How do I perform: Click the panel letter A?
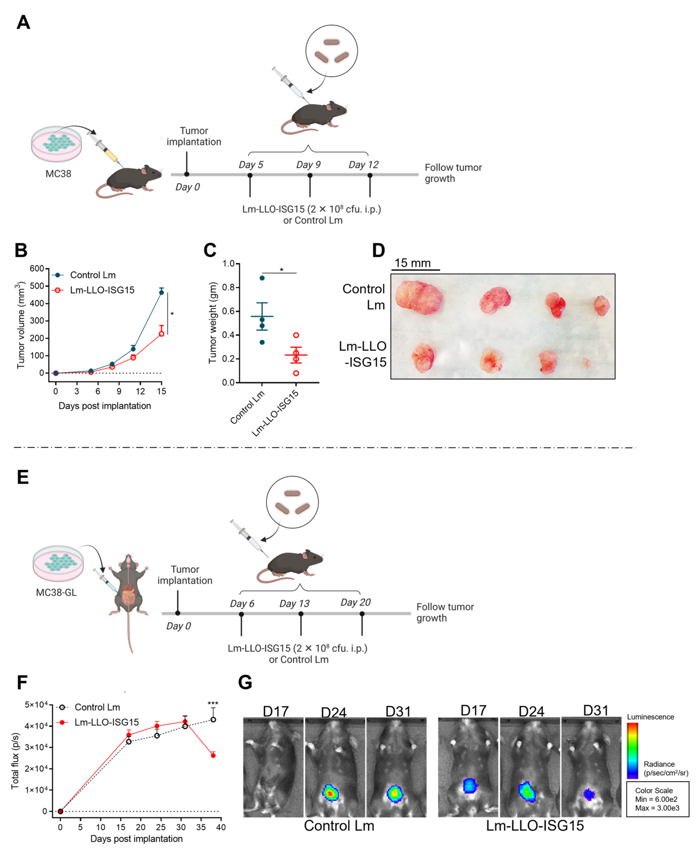pyautogui.click(x=23, y=22)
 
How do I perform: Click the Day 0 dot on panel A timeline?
pyautogui.click(x=187, y=174)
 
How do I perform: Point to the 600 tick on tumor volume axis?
pyautogui.click(x=37, y=269)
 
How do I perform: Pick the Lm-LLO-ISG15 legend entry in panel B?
pyautogui.click(x=102, y=290)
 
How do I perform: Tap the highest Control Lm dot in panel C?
pyautogui.click(x=262, y=278)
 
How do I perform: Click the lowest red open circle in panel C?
pyautogui.click(x=296, y=373)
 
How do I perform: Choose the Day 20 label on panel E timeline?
pyautogui.click(x=355, y=602)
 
